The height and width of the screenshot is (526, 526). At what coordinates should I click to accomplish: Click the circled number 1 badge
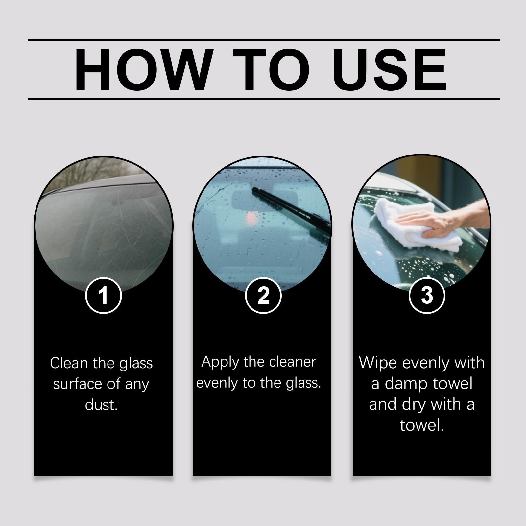104,296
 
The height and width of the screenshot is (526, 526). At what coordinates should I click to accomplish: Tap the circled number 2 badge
263,295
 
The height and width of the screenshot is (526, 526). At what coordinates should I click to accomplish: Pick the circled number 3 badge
427,295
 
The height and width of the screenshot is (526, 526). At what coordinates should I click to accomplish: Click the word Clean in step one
69,363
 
